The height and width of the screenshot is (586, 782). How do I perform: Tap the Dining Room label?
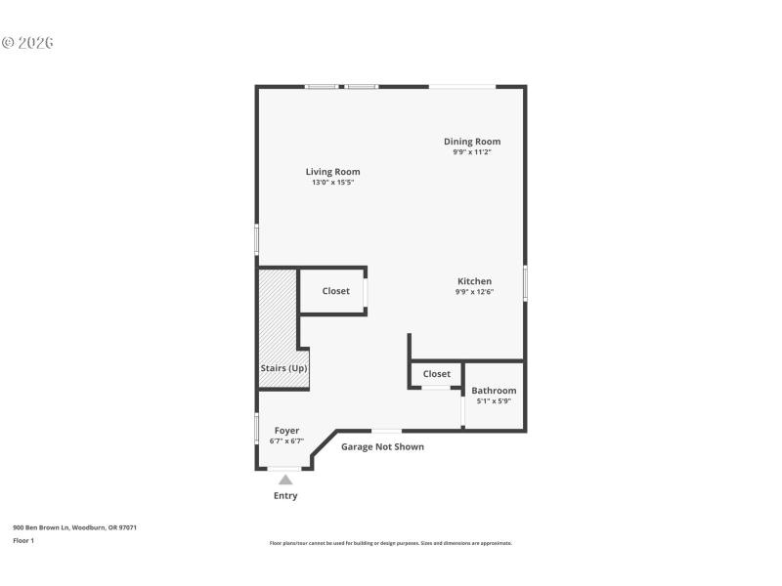coord(471,142)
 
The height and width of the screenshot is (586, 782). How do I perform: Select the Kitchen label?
coord(474,281)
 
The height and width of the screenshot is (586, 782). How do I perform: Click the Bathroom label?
coord(494,391)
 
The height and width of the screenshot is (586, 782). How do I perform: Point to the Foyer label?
coord(286,431)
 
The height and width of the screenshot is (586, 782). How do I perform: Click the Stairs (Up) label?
coord(283,368)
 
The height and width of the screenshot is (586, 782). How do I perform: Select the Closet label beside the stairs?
coord(335,291)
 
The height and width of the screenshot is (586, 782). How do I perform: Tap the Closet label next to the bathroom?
coord(436,374)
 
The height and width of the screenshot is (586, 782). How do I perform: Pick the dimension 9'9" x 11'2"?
coord(471,152)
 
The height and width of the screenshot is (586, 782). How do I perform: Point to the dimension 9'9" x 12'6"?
coord(474,292)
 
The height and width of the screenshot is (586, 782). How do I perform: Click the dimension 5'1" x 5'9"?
coord(494,401)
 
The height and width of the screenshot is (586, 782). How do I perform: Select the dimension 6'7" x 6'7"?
coord(286,441)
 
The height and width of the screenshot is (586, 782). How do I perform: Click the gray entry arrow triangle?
coord(285,480)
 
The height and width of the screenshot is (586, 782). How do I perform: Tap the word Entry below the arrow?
coord(285,496)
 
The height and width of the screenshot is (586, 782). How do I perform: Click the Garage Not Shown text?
coord(382,447)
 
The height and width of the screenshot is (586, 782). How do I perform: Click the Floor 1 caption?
coord(23,540)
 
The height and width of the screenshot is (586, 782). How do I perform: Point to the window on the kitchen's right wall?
coord(526,282)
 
